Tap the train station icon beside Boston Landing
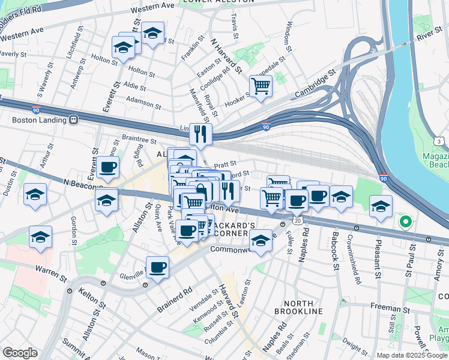74,119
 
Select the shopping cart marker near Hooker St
261,86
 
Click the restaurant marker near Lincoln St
200,134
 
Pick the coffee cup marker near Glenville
157,267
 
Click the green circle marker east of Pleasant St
405,222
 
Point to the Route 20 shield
298,221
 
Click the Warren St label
51,273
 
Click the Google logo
20,353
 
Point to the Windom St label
288,36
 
